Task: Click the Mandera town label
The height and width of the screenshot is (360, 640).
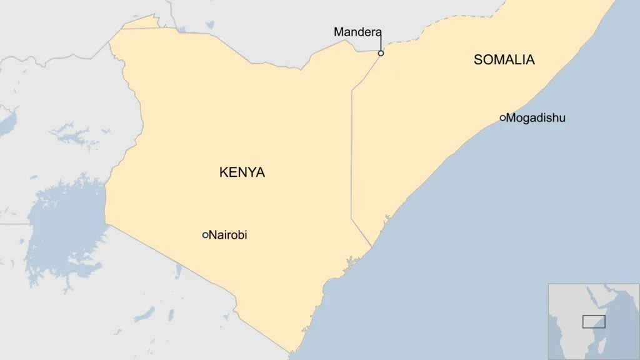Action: coord(357,32)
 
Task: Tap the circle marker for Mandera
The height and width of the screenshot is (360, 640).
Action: coord(381,53)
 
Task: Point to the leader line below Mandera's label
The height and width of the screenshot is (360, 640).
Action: coord(381,43)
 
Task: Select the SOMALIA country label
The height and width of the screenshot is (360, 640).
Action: coord(504,60)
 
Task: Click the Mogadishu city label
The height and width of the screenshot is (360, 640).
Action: coord(536,117)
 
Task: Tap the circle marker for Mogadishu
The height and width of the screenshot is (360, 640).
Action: coord(502,117)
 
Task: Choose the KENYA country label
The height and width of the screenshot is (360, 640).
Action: coord(242,172)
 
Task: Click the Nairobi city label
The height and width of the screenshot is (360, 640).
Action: coord(228,235)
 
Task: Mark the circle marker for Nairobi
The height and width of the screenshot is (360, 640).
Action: coord(205,235)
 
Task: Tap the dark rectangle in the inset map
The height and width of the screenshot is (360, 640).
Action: coord(594,321)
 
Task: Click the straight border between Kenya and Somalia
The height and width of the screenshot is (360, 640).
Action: coord(351,156)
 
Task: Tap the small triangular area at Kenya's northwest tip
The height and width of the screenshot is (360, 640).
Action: coord(141,22)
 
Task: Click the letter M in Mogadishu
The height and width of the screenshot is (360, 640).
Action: coord(511,117)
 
